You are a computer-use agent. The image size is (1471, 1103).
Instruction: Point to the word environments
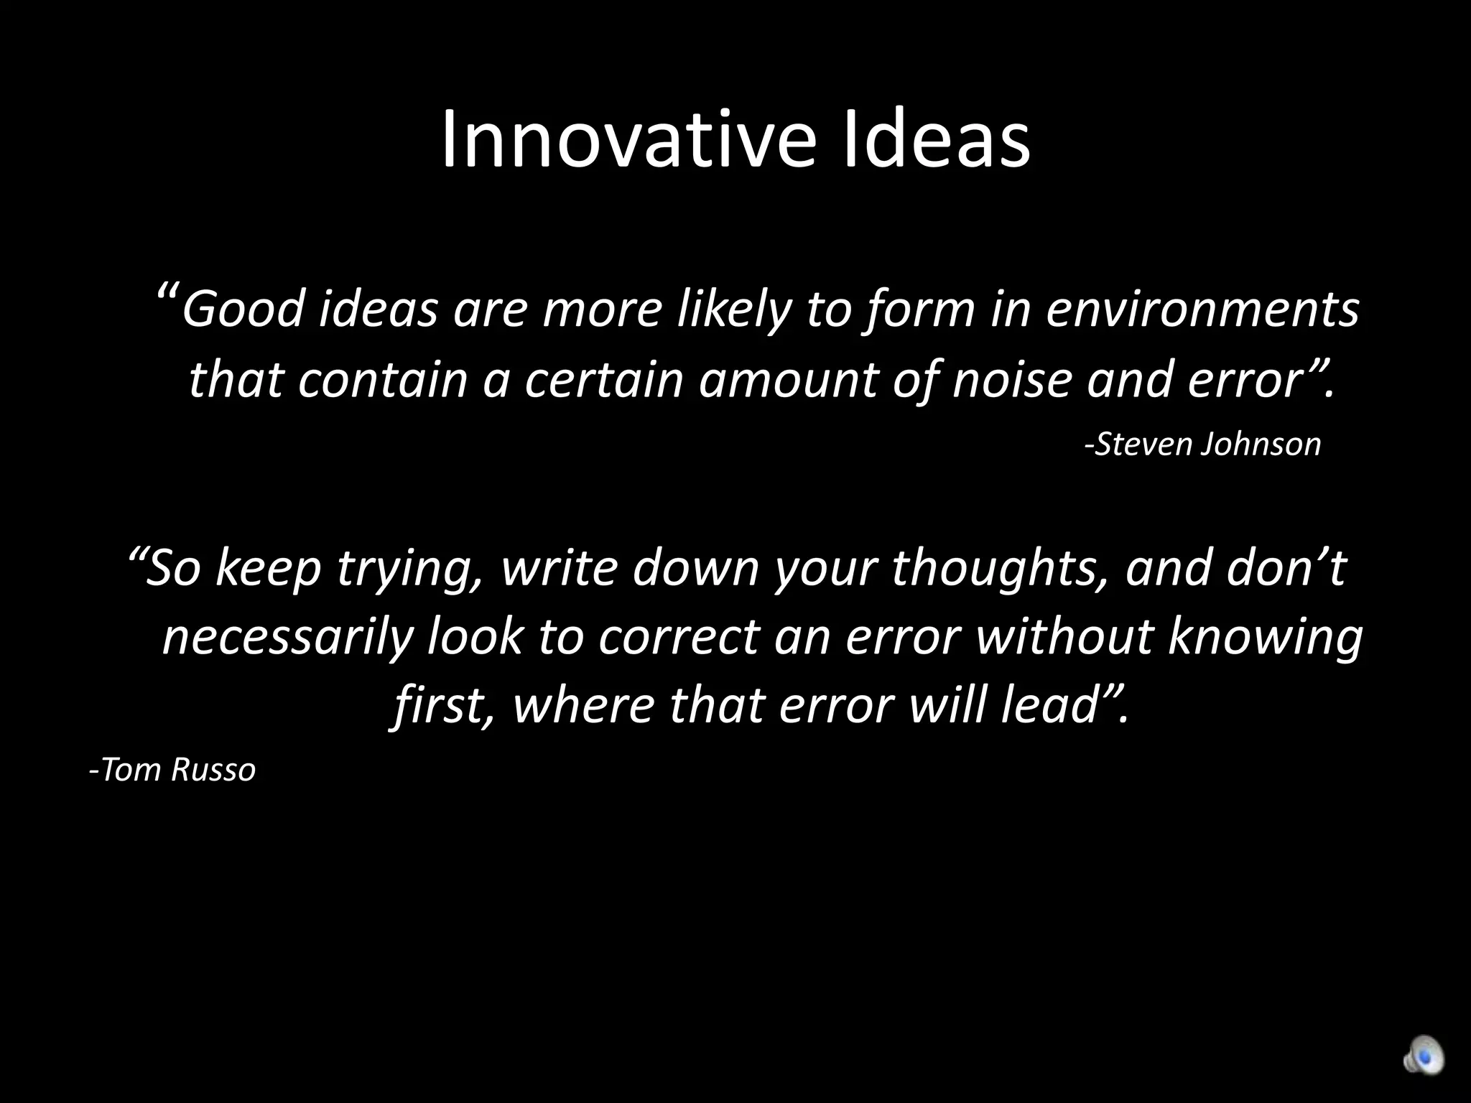pos(1202,309)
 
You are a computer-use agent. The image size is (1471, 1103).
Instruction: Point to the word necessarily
pos(287,637)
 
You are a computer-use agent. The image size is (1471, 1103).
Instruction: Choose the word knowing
pos(1265,637)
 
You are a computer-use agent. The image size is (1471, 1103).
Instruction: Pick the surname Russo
pos(213,771)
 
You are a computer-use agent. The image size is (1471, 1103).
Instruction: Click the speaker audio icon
pos(1423,1056)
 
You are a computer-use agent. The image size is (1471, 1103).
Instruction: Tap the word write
pos(558,567)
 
